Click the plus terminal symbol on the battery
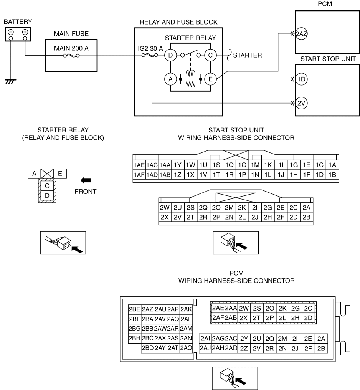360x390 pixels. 25,32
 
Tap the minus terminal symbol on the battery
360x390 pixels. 11,32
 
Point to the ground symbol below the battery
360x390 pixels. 10,82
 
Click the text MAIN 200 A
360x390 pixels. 71,48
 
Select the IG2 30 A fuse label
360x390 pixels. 150,48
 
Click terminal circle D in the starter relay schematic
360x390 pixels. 170,55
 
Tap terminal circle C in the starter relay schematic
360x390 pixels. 210,55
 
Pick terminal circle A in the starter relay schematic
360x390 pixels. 170,79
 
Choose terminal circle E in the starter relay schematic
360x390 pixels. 210,79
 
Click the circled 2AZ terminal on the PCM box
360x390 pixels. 301,33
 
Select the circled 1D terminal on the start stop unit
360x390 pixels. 301,79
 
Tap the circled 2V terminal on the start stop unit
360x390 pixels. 301,103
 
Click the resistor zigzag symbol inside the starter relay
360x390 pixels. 191,84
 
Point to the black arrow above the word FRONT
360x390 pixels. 86,180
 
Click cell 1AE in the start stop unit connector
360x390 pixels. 139,165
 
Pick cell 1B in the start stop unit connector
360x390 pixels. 332,175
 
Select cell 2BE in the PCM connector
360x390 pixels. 134,309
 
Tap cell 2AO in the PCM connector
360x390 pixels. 186,348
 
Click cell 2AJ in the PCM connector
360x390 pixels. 205,348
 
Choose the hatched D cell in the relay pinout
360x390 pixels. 47,195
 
